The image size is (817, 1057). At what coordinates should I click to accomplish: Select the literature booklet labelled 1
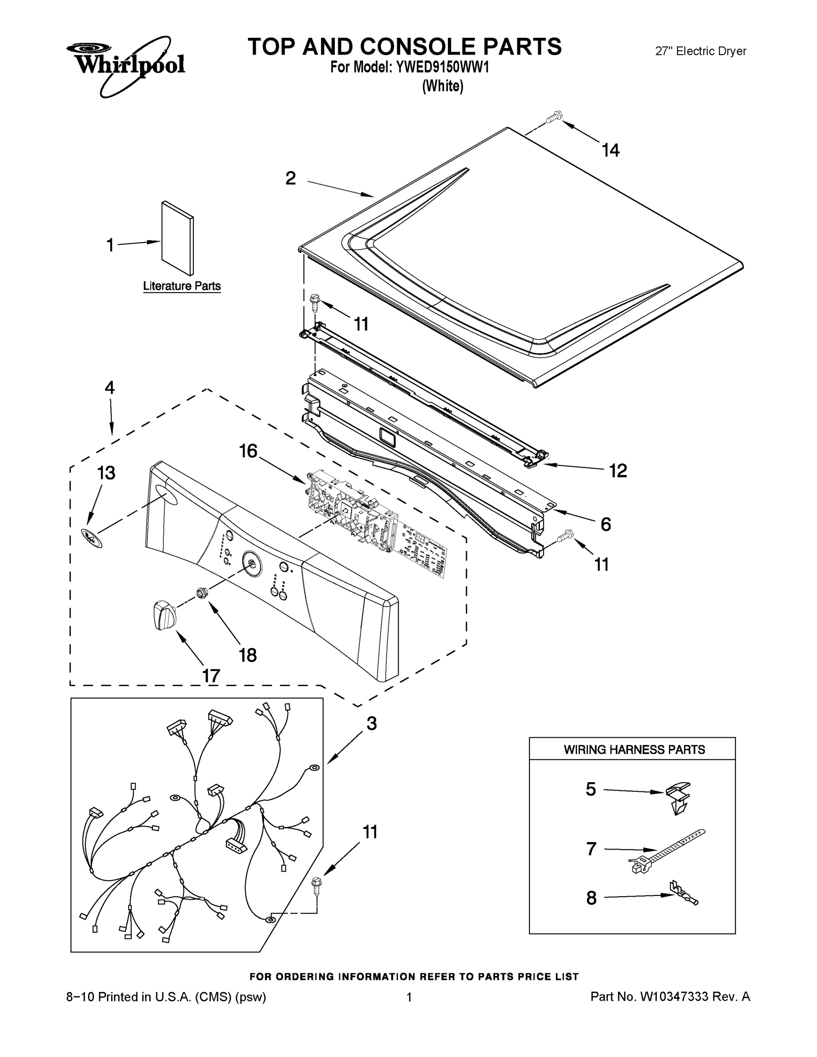177,238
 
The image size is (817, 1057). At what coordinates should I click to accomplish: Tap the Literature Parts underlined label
182,286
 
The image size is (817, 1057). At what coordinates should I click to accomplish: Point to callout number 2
290,178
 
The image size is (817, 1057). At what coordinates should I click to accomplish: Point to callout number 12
617,470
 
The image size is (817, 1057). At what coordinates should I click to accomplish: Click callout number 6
606,524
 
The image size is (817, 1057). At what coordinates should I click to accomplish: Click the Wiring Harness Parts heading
634,750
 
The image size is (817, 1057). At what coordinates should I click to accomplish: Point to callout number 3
371,724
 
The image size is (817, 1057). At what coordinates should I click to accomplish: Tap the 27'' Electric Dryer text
700,51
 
